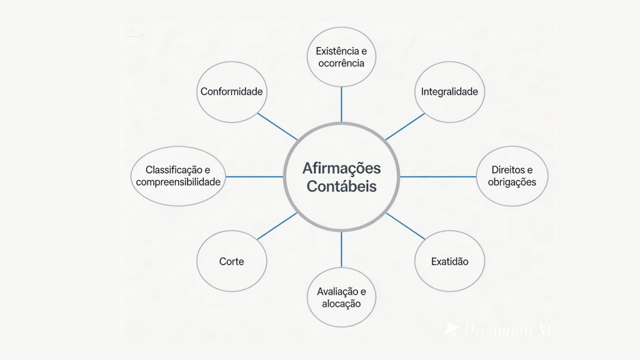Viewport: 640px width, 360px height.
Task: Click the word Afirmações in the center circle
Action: coord(341,168)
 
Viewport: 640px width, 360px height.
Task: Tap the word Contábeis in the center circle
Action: coord(341,186)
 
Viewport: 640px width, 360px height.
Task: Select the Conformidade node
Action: coord(231,92)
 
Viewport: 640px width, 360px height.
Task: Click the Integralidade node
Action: coord(449,92)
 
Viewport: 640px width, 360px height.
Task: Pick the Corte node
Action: coord(231,261)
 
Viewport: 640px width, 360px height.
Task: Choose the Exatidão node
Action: coord(449,261)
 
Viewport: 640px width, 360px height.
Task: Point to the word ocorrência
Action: coord(341,63)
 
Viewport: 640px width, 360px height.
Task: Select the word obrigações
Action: coord(512,182)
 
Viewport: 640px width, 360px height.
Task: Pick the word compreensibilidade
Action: coord(178,182)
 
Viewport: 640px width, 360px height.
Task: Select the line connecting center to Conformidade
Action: coord(277,127)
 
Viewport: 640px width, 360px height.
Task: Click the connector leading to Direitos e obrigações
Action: coord(437,177)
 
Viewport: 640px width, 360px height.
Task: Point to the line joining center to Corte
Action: coord(277,226)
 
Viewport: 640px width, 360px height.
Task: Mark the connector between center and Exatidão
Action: coord(405,226)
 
